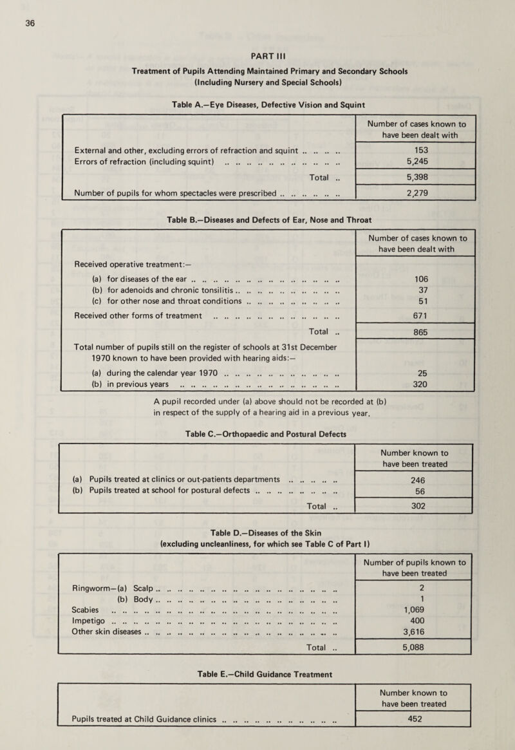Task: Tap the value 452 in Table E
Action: (414, 731)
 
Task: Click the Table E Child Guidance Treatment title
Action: (257, 675)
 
